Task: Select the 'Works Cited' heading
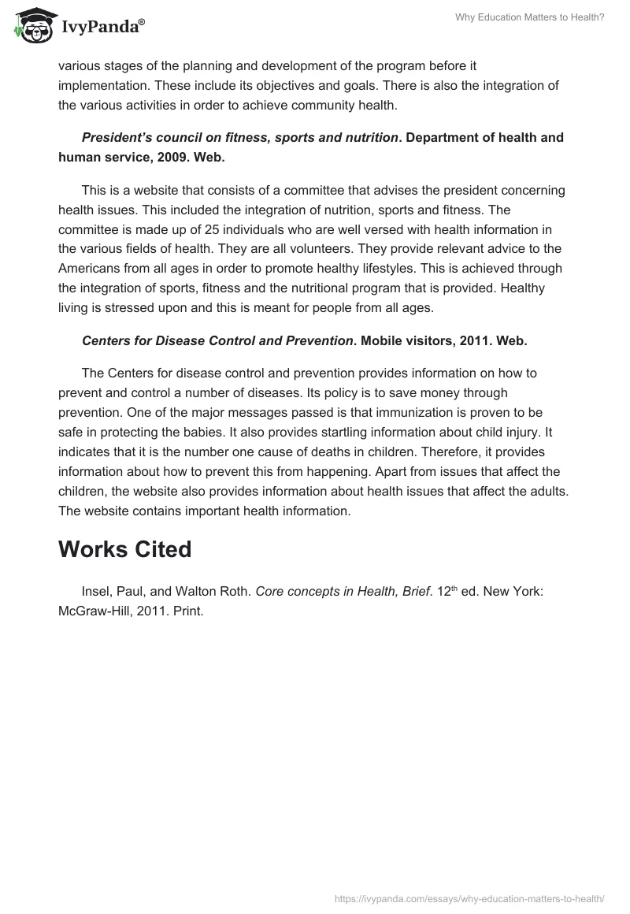click(x=124, y=549)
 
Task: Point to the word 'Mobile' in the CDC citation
click(x=382, y=340)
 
